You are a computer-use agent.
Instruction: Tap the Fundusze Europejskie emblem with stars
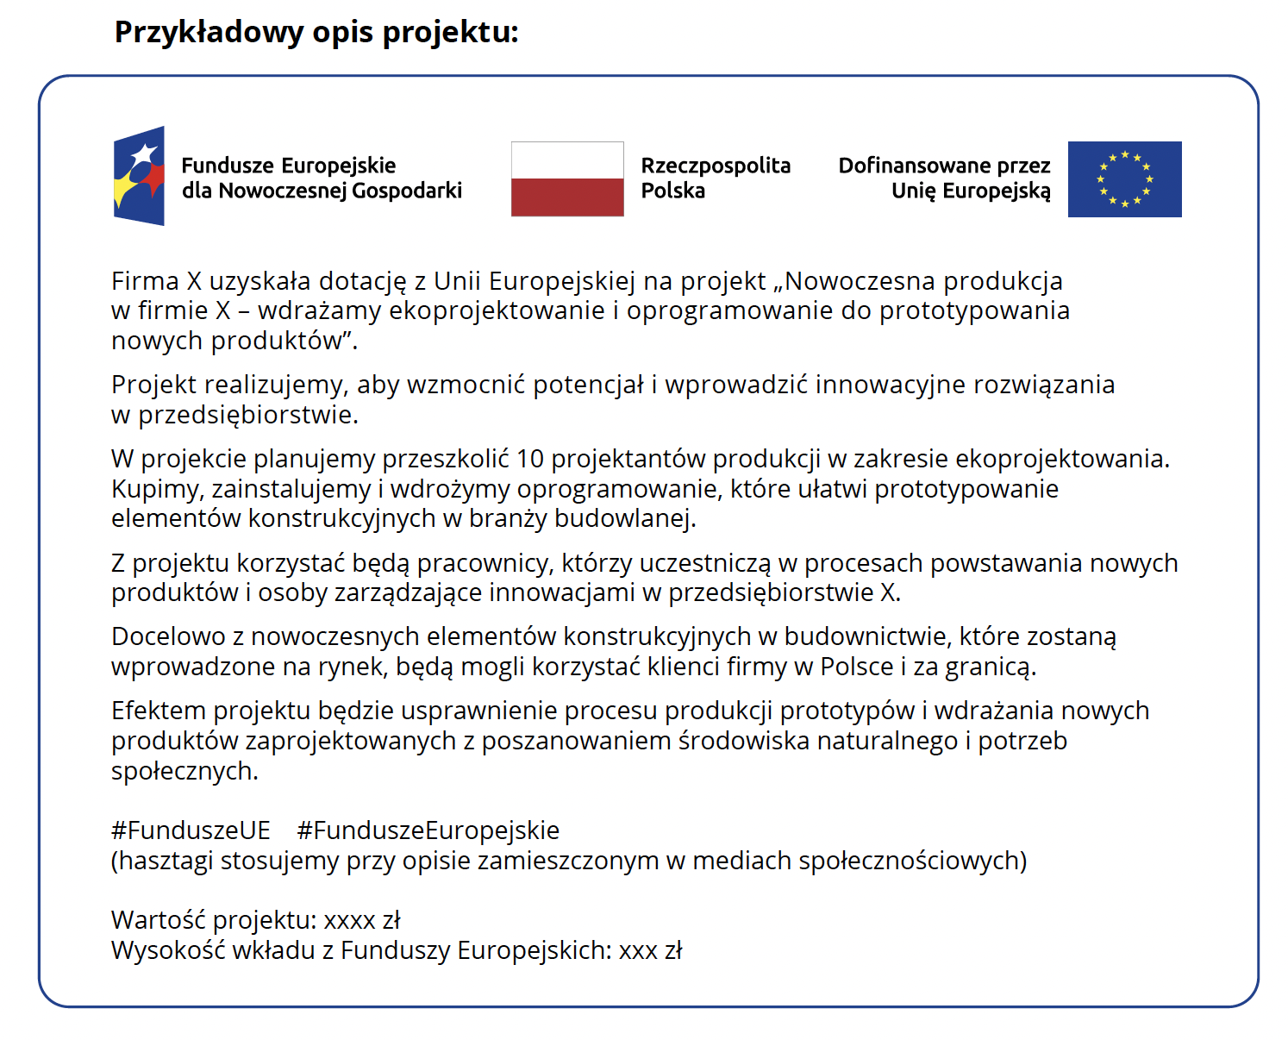pyautogui.click(x=139, y=176)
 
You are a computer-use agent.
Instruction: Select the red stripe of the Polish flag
pyautogui.click(x=567, y=197)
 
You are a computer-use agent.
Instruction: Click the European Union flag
pyautogui.click(x=1124, y=179)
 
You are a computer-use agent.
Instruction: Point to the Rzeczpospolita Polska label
pyautogui.click(x=715, y=178)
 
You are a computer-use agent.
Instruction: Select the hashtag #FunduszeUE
pyautogui.click(x=191, y=830)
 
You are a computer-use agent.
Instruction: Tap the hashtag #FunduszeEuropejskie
pyautogui.click(x=428, y=830)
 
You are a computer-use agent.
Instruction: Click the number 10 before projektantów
pyautogui.click(x=529, y=459)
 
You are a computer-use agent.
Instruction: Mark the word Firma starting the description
pyautogui.click(x=145, y=281)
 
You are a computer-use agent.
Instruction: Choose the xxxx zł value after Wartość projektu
pyautogui.click(x=362, y=921)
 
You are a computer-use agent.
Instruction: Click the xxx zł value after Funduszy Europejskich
pyautogui.click(x=650, y=950)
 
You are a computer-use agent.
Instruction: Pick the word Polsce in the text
pyautogui.click(x=856, y=667)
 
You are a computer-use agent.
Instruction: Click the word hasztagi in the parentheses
pyautogui.click(x=166, y=861)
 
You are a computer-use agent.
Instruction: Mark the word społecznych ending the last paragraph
pyautogui.click(x=184, y=771)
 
